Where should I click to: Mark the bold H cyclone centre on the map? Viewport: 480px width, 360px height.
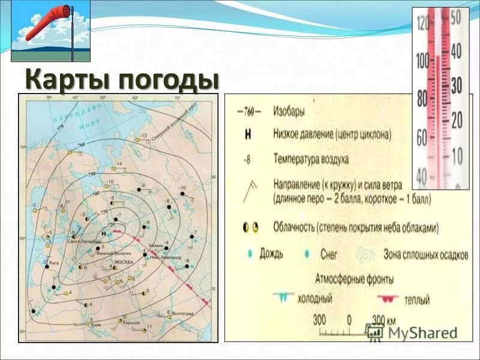pos(104,233)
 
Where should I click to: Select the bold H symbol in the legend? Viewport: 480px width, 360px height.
pos(247,135)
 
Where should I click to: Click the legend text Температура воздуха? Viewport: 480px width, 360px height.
pos(310,160)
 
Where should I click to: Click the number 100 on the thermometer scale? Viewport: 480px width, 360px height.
pos(423,61)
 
